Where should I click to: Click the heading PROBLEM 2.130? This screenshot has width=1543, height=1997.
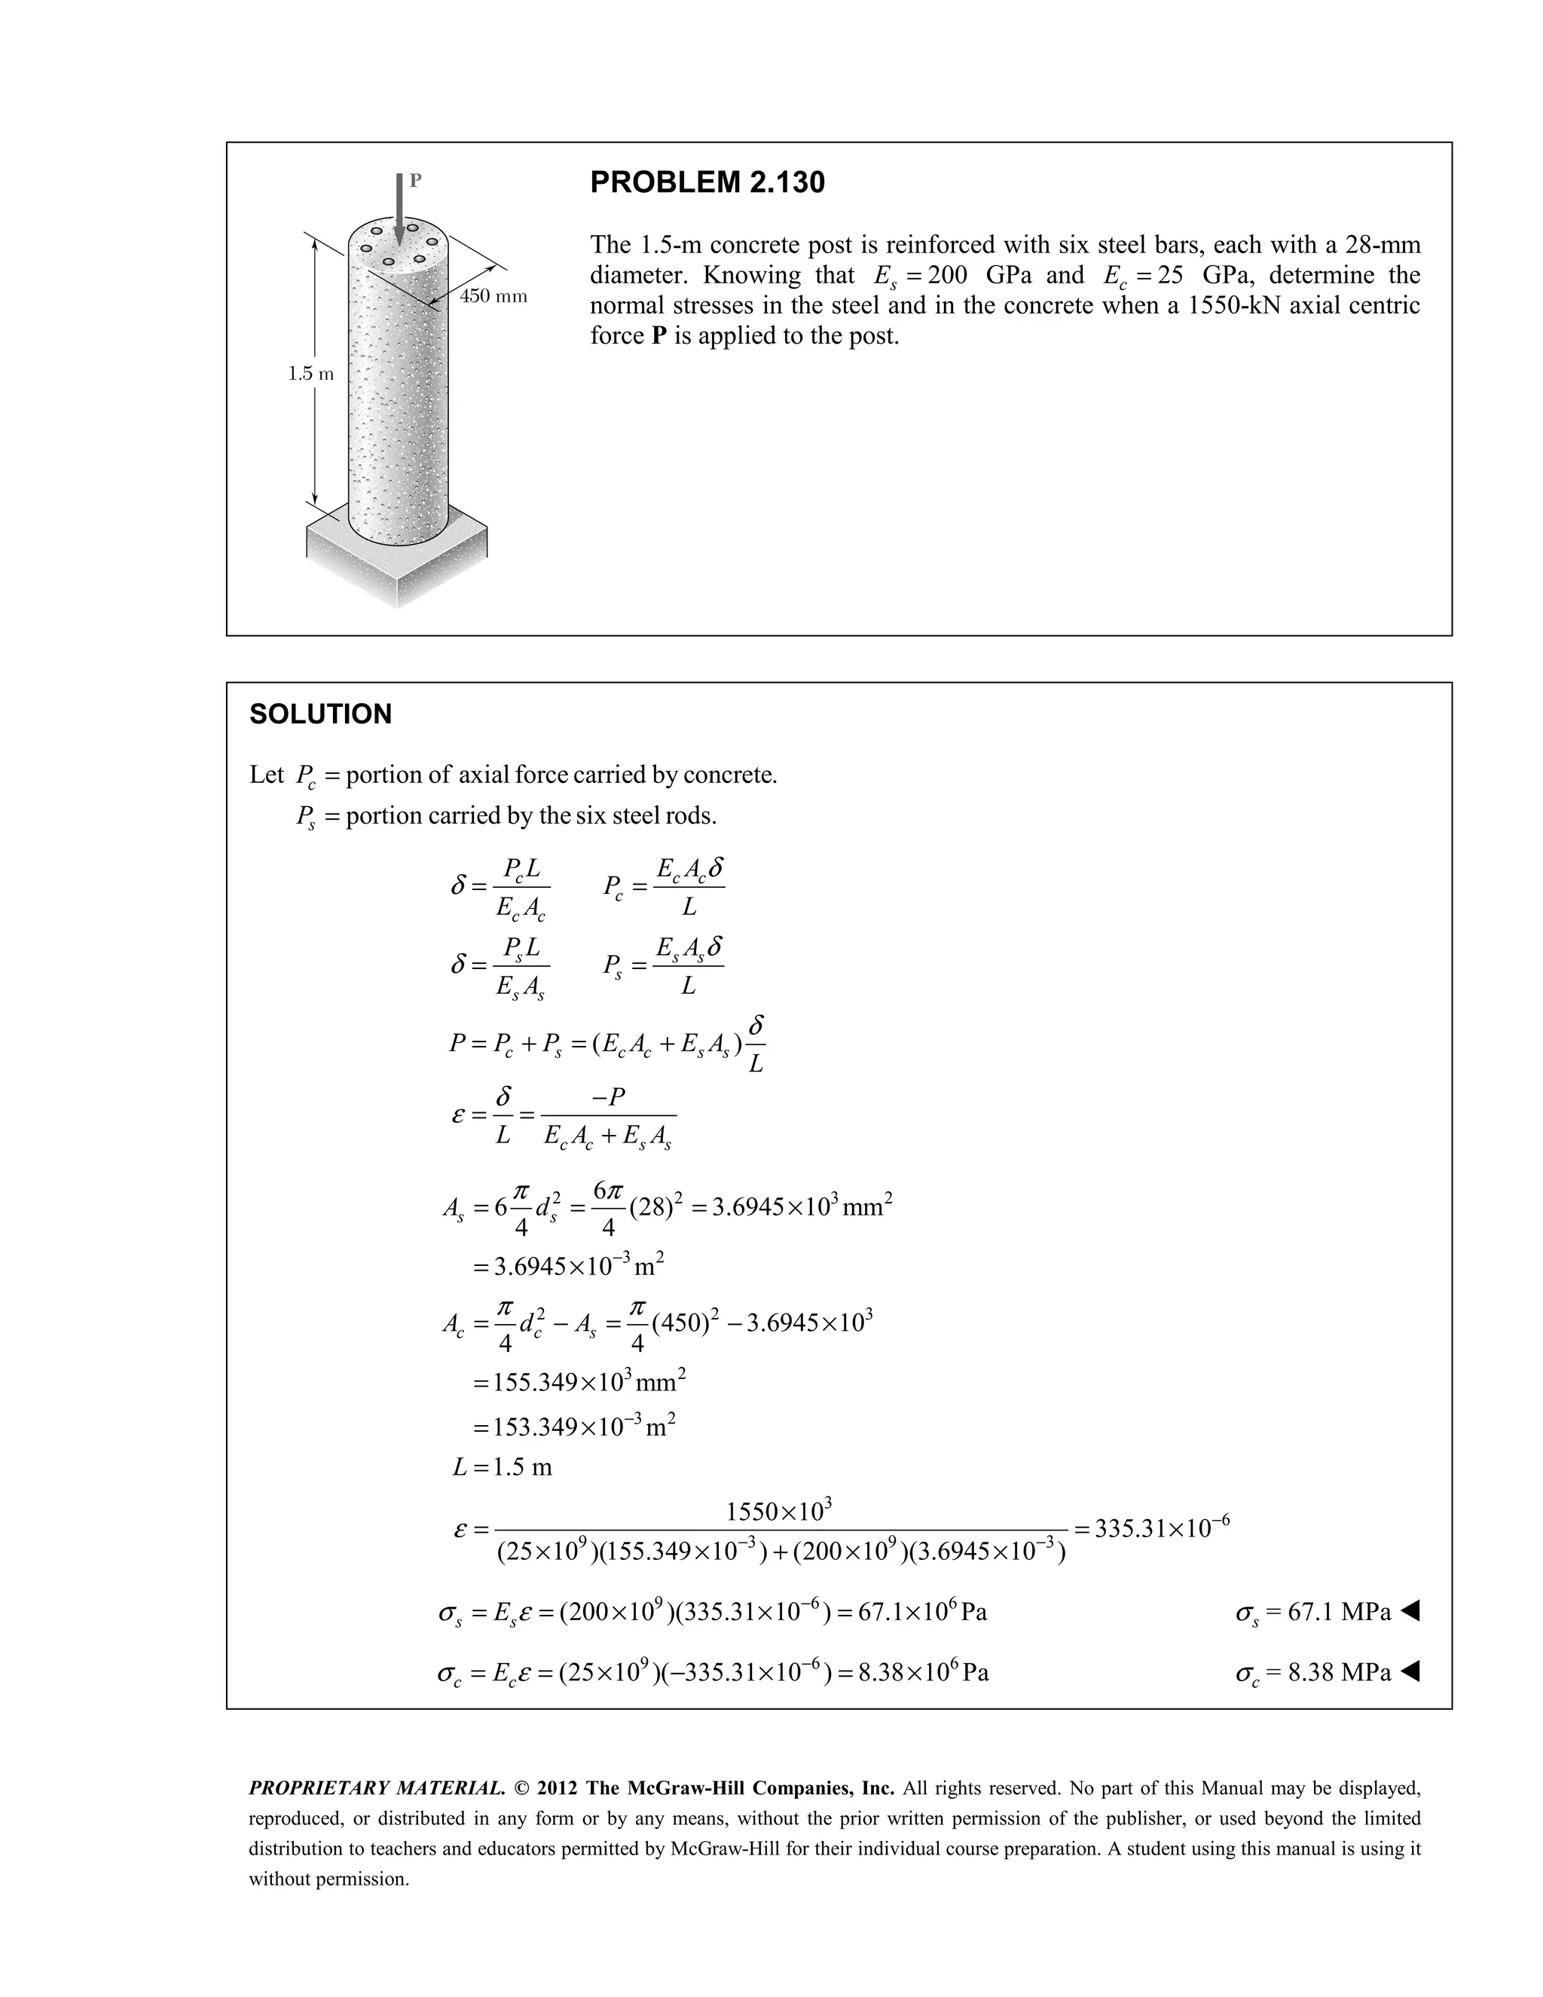click(x=707, y=183)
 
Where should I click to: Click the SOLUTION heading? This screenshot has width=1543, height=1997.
click(x=320, y=714)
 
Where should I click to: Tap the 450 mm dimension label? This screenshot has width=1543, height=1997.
click(x=493, y=296)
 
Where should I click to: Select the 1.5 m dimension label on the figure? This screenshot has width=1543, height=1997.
click(x=310, y=373)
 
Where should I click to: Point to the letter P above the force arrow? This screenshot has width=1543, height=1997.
click(x=415, y=180)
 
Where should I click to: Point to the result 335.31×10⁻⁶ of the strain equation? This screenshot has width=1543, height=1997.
click(x=1162, y=1529)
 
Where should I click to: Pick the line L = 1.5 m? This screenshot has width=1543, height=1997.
click(x=503, y=1467)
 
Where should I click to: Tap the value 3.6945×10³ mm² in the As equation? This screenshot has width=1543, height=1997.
click(x=801, y=1207)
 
